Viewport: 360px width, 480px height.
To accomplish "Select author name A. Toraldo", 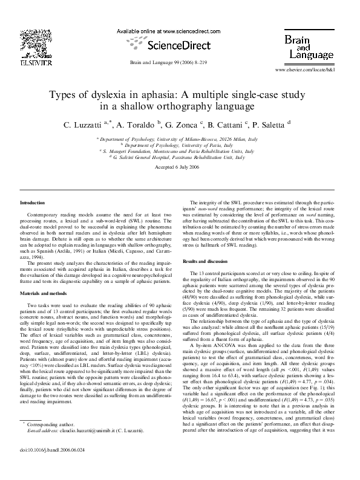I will click(136, 125).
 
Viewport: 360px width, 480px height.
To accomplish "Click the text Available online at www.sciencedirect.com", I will click(166, 30).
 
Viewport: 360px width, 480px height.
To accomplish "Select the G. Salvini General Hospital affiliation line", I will click(180, 155).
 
